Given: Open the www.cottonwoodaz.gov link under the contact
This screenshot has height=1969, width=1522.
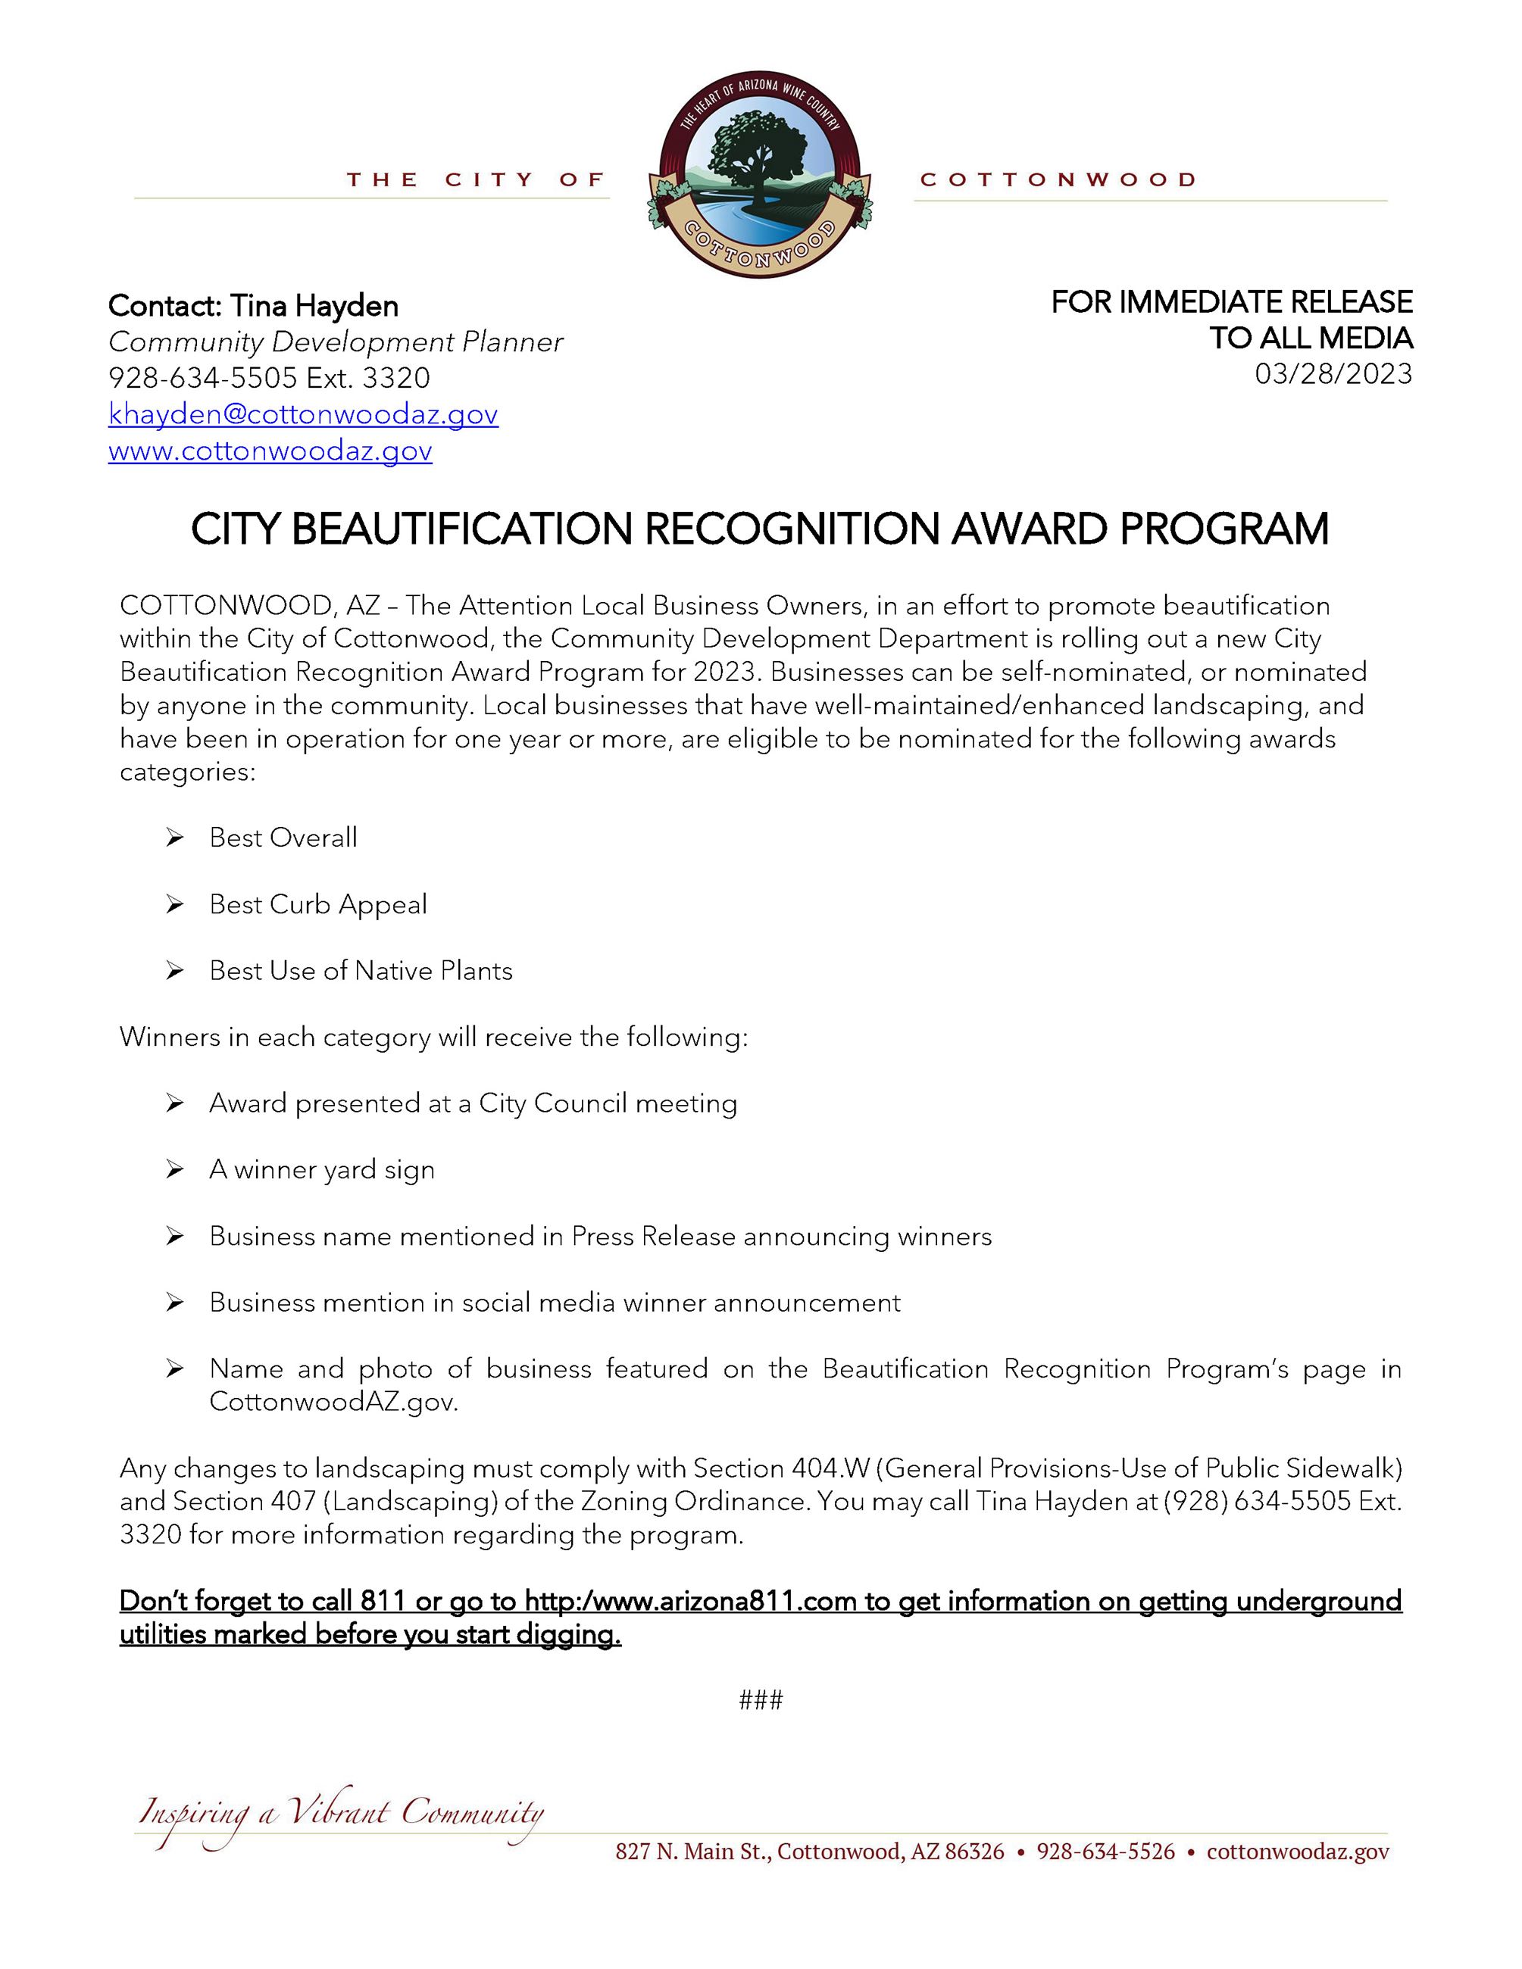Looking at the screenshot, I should tap(270, 450).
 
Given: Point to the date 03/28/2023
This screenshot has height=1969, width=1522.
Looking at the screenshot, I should tap(1333, 373).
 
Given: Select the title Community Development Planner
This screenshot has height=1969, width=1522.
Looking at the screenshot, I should tap(336, 342).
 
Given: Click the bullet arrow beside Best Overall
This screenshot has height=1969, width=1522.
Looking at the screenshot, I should tap(174, 838).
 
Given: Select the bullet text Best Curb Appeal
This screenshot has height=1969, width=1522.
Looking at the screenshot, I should tap(317, 904).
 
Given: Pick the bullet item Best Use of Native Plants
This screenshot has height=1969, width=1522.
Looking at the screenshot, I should tap(361, 971).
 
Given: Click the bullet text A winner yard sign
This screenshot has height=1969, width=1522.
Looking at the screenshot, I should tap(322, 1169).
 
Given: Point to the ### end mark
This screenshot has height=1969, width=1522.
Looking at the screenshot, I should tap(760, 1700).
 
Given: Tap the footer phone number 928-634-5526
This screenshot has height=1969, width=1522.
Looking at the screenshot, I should tap(1105, 1852).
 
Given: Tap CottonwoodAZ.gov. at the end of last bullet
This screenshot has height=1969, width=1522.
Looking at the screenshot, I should tap(333, 1402).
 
